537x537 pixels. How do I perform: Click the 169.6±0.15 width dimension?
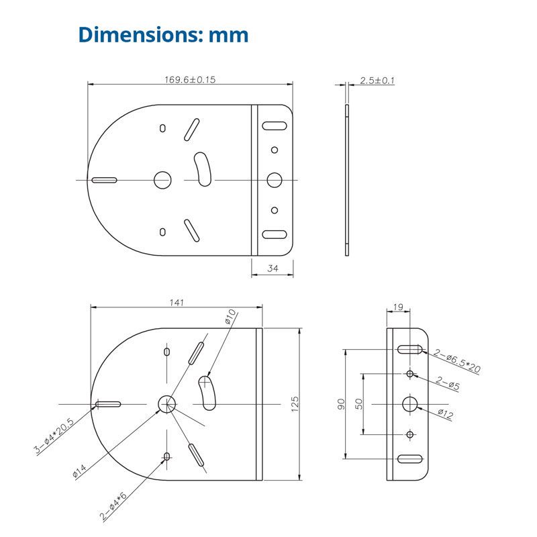(190, 79)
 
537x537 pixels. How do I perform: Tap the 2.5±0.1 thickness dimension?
(377, 81)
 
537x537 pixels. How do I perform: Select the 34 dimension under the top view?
(272, 269)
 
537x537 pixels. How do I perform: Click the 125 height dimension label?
(295, 404)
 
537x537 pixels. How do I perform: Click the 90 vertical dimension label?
(341, 404)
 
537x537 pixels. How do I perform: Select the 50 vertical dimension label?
(360, 404)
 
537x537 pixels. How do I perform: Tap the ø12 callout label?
(445, 414)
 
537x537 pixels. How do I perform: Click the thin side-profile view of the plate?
(347, 179)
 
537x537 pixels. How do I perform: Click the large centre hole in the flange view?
(410, 403)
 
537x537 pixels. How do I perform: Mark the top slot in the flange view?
(410, 349)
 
